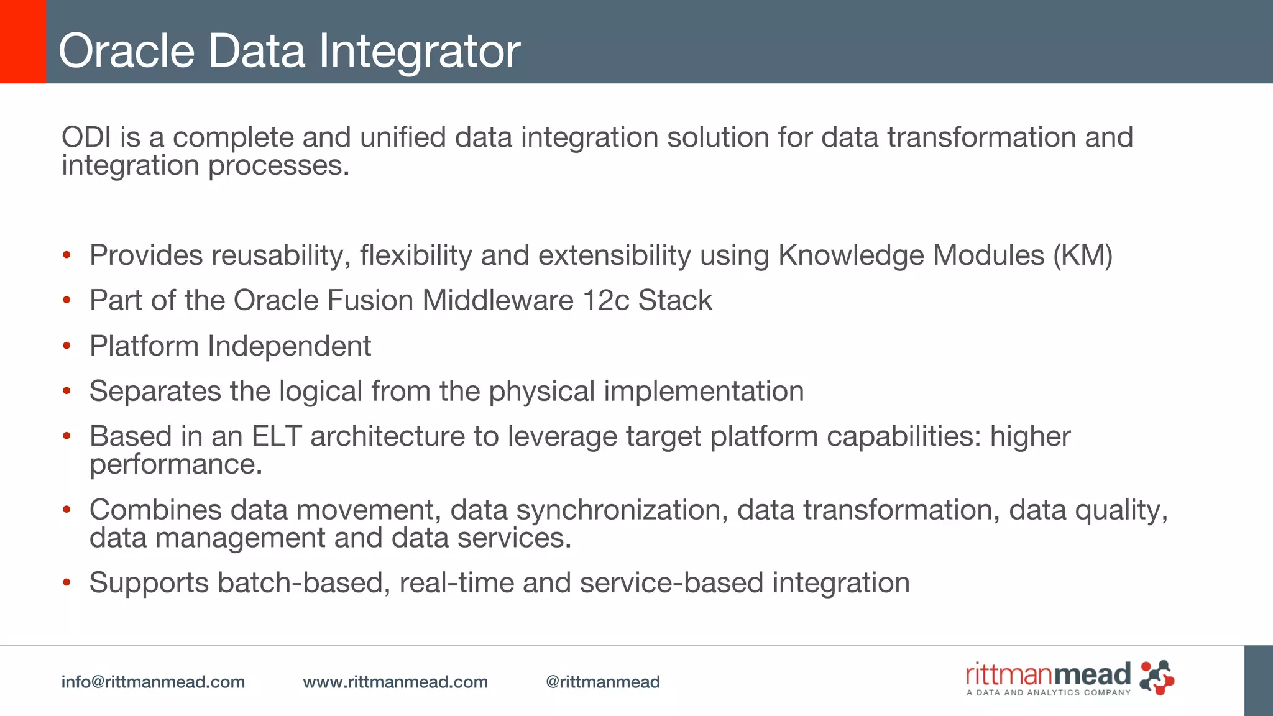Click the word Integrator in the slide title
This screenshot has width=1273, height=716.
click(x=420, y=51)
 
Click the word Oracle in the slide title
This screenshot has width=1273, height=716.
click(x=127, y=51)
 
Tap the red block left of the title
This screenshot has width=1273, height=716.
click(x=23, y=42)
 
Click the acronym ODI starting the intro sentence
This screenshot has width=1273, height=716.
click(x=86, y=137)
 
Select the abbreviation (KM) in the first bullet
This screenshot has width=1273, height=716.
click(x=1082, y=255)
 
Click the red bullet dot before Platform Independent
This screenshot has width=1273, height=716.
click(x=67, y=346)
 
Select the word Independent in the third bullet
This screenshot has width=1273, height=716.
click(x=289, y=346)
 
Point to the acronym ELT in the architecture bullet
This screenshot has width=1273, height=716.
click(x=276, y=436)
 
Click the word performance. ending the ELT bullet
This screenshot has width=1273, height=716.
click(x=176, y=465)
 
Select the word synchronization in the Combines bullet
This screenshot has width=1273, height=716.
click(x=622, y=510)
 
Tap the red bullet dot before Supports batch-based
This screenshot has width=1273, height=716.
click(x=67, y=583)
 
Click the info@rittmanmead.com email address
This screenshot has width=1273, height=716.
click(x=153, y=682)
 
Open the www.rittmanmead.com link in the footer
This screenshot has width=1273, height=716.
click(x=395, y=682)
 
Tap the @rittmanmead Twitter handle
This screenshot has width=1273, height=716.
click(x=602, y=682)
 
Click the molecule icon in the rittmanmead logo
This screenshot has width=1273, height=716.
click(x=1157, y=677)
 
